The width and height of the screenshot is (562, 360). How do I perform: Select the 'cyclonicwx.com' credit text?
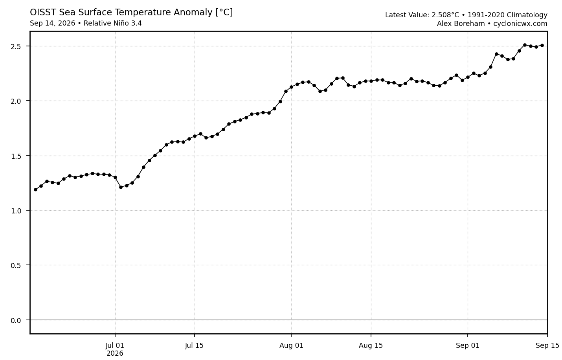click(520, 24)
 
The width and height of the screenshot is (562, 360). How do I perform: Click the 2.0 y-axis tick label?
click(15, 101)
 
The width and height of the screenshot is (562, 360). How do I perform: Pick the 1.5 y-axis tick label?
click(15, 156)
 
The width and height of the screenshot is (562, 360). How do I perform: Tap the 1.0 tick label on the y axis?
click(15, 211)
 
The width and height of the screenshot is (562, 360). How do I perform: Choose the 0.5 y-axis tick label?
click(15, 265)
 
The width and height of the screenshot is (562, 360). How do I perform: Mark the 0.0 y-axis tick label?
click(15, 320)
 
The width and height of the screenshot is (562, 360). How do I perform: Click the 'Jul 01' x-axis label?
click(115, 345)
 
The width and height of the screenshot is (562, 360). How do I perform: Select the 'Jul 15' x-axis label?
click(194, 345)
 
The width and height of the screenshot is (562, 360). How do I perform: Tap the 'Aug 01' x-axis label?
click(291, 345)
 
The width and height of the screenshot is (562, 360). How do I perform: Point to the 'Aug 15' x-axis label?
click(371, 345)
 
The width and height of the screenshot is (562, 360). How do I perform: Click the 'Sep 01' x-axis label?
click(468, 345)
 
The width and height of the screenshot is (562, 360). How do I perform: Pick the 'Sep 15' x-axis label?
click(547, 345)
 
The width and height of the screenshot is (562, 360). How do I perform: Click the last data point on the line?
click(542, 46)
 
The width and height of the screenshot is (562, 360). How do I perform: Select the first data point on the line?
click(36, 190)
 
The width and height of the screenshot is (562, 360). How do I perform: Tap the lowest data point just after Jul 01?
click(121, 187)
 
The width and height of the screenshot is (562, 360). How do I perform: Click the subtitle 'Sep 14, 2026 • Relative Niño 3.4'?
click(86, 23)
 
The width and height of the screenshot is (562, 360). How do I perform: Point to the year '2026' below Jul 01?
click(115, 353)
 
